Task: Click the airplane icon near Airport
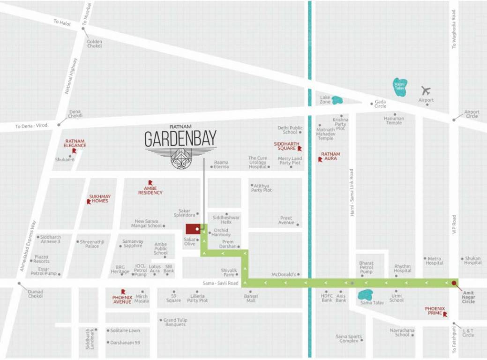[426, 90]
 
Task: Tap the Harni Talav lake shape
[400, 87]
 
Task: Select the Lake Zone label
[325, 99]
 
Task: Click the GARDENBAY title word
[180, 139]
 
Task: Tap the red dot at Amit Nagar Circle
[454, 283]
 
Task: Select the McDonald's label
[283, 274]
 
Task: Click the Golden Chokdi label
[94, 44]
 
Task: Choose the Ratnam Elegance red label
[75, 143]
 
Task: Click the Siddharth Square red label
[285, 145]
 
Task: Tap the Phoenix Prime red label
[435, 311]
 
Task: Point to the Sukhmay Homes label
[98, 199]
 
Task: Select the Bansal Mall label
[250, 298]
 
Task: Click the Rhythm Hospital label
[402, 268]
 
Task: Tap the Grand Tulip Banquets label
[175, 322]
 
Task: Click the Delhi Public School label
[290, 130]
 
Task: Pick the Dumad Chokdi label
[35, 294]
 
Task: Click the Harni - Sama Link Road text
[352, 193]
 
